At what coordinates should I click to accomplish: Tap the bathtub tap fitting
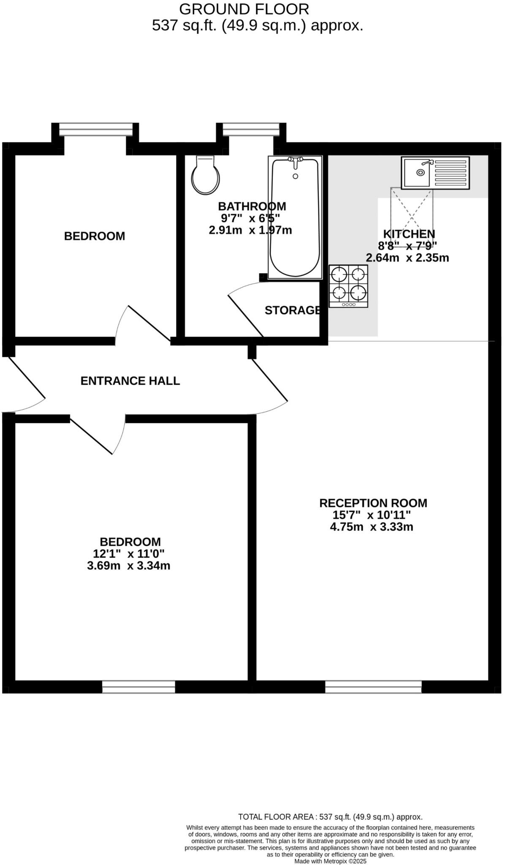tap(296, 160)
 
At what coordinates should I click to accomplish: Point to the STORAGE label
tap(293, 310)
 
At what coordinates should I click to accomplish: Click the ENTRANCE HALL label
tap(130, 381)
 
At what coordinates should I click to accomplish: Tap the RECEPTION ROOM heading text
tap(373, 503)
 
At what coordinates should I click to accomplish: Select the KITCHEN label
tap(409, 234)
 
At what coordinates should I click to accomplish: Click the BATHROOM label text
tap(252, 207)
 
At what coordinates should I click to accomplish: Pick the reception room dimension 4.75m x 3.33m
tap(371, 527)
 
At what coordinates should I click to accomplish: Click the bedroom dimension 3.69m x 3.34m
tap(128, 566)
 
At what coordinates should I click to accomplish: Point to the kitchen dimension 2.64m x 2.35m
tap(407, 258)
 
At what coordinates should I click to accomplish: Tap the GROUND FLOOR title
tap(244, 9)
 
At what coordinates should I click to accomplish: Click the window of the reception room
tap(373, 686)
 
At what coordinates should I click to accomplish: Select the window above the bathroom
tap(251, 129)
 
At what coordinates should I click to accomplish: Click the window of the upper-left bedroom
tap(96, 129)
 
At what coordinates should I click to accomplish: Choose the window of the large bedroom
tap(138, 686)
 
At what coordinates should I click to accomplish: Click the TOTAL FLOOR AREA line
tap(330, 817)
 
